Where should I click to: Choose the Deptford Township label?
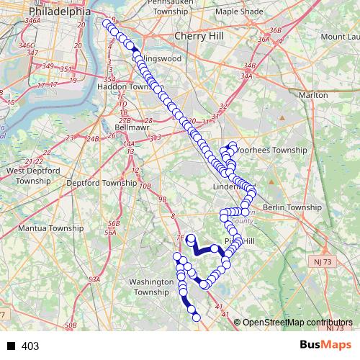pyautogui.click(x=101, y=183)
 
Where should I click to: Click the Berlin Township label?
pyautogui.click(x=292, y=207)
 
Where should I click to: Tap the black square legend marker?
pyautogui.click(x=12, y=346)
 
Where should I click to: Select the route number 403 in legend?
pyautogui.click(x=30, y=346)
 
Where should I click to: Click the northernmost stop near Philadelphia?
pyautogui.click(x=107, y=24)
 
